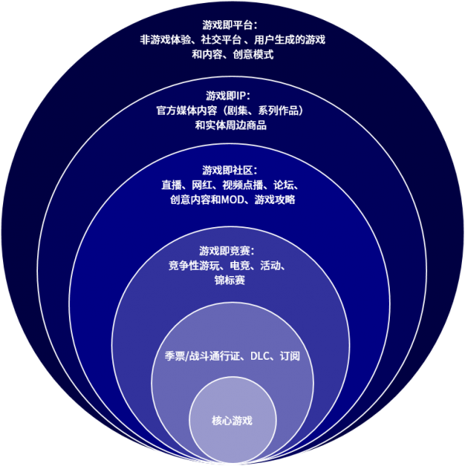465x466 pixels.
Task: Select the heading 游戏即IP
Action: click(x=226, y=96)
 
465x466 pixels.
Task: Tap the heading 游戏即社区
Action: click(x=227, y=171)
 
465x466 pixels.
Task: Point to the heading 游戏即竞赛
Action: click(x=224, y=251)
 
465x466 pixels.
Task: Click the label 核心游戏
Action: click(x=232, y=421)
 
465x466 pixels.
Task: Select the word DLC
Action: click(x=260, y=356)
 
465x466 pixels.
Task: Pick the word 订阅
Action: click(x=290, y=356)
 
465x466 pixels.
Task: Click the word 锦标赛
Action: click(x=229, y=280)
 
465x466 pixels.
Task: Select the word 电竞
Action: click(x=239, y=265)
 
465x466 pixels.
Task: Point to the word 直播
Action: click(x=171, y=185)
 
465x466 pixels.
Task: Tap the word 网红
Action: click(x=201, y=185)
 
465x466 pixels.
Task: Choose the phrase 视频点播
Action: click(x=243, y=185)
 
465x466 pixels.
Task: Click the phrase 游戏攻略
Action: click(x=275, y=200)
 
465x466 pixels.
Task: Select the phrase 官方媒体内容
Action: click(x=187, y=111)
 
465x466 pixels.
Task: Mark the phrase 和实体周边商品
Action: click(x=231, y=126)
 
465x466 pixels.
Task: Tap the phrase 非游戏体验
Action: click(x=165, y=40)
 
